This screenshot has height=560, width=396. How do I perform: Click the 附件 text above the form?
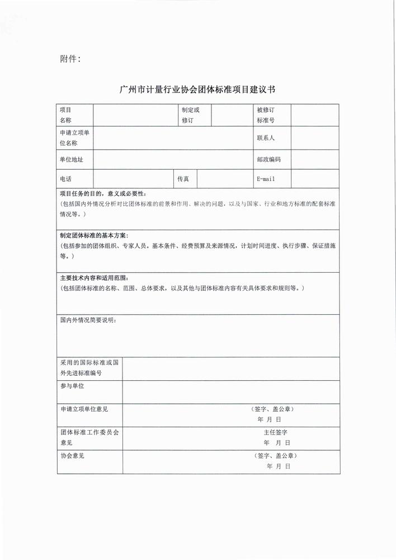coord(70,59)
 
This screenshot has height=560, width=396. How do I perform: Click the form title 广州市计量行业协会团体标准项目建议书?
coord(198,90)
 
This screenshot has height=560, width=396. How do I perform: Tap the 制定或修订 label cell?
coord(190,115)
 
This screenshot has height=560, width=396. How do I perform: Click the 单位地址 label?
coord(72,160)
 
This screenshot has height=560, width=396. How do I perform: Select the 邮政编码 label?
coord(268,160)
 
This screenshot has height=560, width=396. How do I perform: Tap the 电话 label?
coord(66,179)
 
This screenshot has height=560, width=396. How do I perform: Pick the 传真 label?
coord(183,179)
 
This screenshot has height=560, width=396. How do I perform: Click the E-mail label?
coord(266,179)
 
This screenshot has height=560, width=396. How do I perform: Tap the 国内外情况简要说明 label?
coord(88,320)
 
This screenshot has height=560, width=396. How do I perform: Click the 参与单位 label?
coord(72,386)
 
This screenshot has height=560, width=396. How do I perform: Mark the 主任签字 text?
coord(275,432)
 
